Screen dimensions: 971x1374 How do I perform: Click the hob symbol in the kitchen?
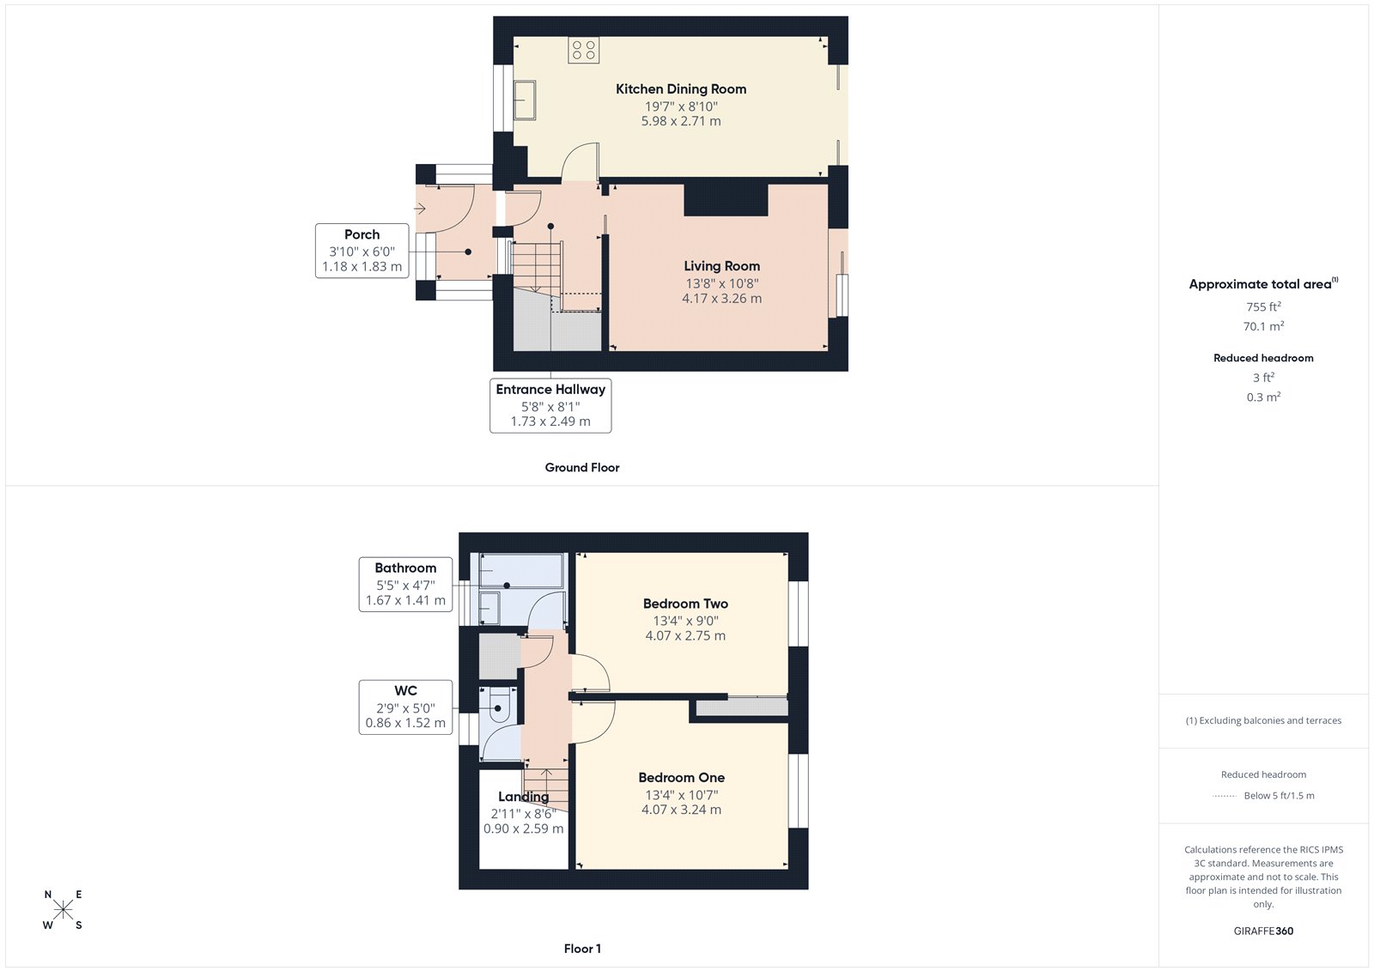pos(583,50)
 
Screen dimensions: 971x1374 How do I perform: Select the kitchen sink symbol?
pos(524,100)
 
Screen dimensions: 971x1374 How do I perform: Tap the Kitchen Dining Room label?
pos(681,89)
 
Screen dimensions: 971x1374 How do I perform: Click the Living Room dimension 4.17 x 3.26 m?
pos(721,299)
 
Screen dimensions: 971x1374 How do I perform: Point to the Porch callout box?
pos(362,250)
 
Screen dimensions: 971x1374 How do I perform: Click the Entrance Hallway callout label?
pos(550,390)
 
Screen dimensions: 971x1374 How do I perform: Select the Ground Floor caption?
pos(581,468)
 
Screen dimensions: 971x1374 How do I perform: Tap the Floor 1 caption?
pos(582,949)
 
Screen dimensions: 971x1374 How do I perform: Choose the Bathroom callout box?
pos(405,584)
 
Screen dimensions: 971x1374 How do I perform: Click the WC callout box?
pos(405,707)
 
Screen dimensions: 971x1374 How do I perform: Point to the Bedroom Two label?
pos(685,604)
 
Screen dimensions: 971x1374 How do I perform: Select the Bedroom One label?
pos(681,778)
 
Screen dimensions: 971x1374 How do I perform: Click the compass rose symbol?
pos(63,910)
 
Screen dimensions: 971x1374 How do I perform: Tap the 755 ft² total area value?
pos(1263,306)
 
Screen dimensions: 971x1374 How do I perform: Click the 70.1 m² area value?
pos(1263,326)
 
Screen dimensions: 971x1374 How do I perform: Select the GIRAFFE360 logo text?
pos(1263,931)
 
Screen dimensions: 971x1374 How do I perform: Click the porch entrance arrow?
pos(420,209)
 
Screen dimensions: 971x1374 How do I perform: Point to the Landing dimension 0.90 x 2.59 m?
pos(523,829)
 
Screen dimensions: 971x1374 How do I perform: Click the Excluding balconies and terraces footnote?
pos(1263,721)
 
